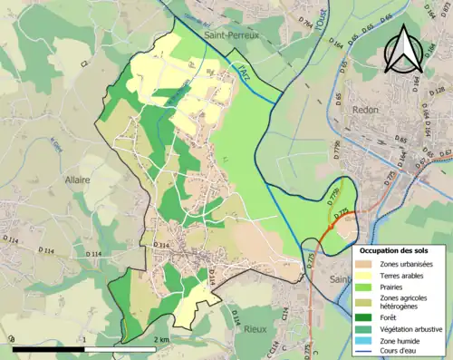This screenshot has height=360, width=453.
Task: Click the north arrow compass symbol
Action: click(403, 50)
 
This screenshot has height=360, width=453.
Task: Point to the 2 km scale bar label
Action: click(160, 339)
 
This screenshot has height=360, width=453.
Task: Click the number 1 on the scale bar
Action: click(83, 339)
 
